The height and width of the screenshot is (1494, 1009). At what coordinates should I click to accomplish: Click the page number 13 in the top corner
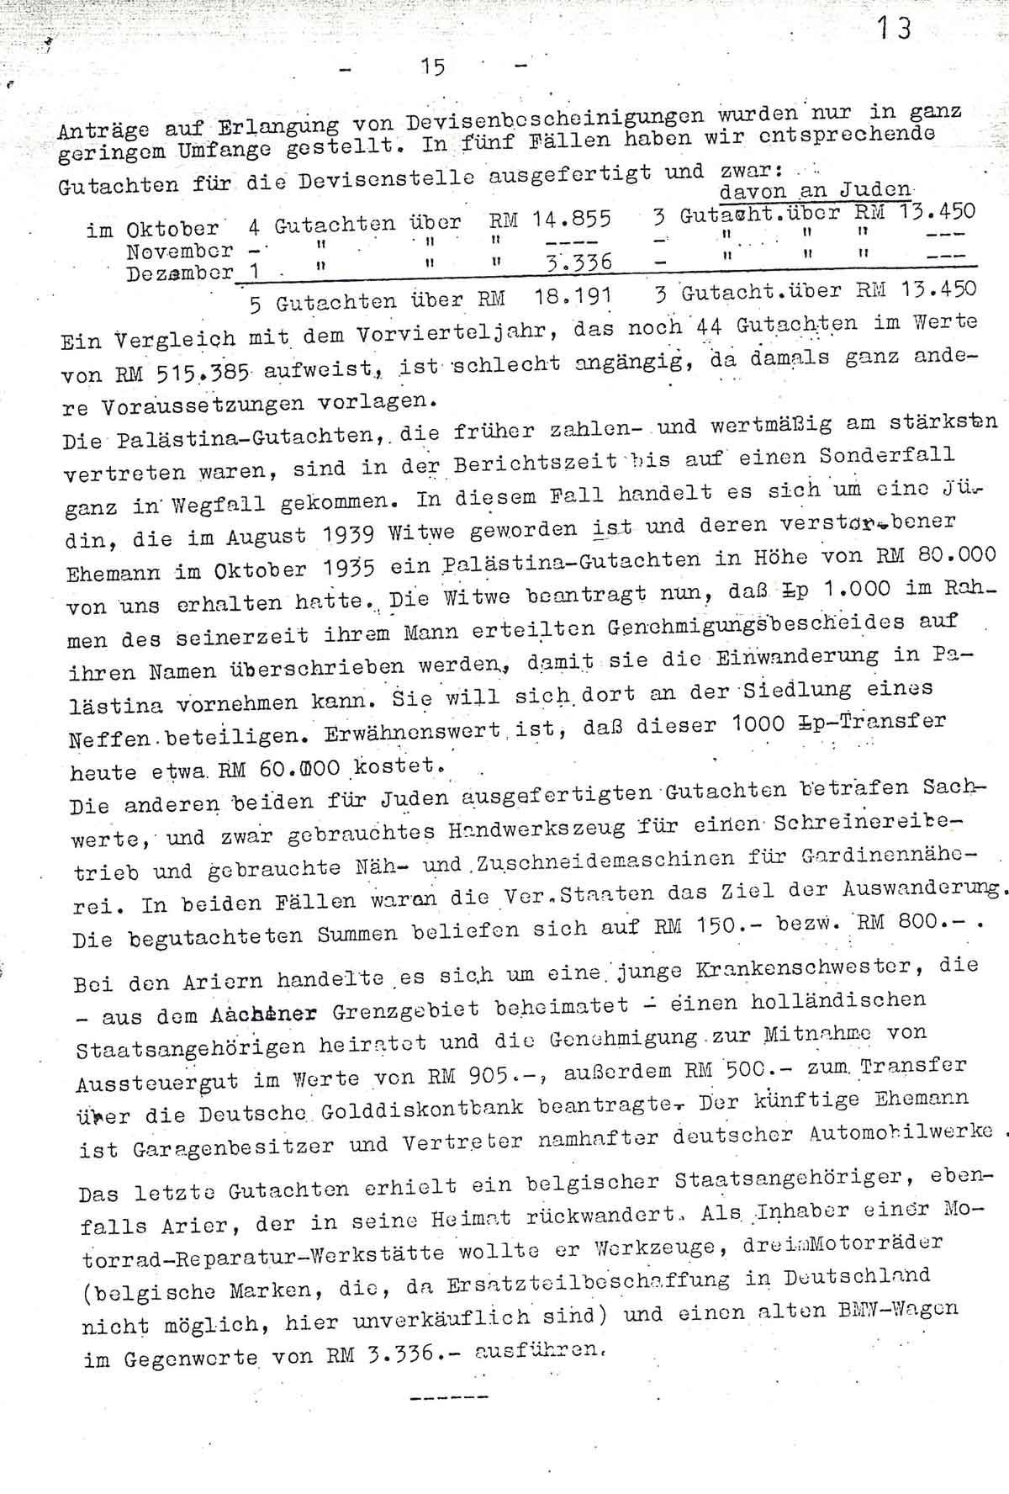click(892, 30)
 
